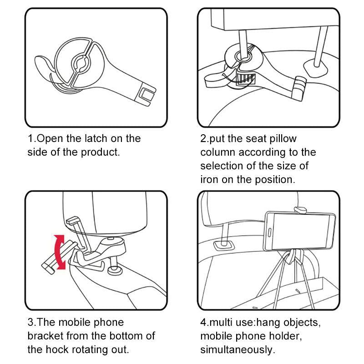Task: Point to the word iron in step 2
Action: coord(209,179)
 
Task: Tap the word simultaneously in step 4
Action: coord(238,349)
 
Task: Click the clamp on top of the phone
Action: coord(300,209)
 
